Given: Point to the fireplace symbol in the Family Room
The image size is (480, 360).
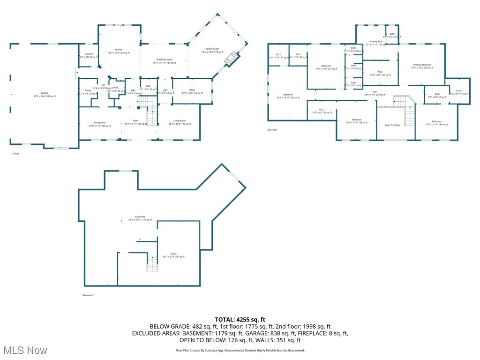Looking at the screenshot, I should coord(232,59).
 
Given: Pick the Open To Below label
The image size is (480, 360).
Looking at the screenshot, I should coord(392,125).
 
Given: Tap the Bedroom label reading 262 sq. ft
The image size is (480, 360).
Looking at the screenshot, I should coord(285,96).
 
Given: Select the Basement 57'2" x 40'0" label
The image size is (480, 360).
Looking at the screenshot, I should coord(140,218).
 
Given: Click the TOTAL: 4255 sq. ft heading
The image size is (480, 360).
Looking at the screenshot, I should coord(240,319).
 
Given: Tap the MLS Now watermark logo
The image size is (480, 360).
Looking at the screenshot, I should coord(24,350).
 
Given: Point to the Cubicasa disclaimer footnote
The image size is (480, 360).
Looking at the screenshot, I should coord(240,350).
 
